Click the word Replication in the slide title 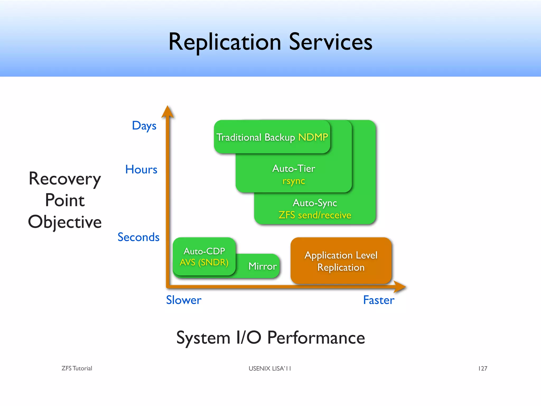click(x=225, y=42)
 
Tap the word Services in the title click(x=330, y=42)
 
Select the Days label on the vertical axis click(x=144, y=126)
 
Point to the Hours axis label click(x=141, y=169)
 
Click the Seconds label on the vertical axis click(x=138, y=237)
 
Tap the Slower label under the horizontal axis click(x=184, y=300)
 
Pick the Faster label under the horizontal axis click(x=379, y=300)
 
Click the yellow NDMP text click(x=313, y=137)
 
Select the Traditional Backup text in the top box click(x=255, y=137)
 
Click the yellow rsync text click(x=293, y=181)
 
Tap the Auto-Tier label click(x=293, y=168)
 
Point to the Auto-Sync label click(x=315, y=203)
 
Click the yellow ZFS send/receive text click(x=315, y=215)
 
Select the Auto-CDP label click(x=204, y=251)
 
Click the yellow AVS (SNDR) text click(x=204, y=262)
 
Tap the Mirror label click(x=262, y=266)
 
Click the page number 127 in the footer click(x=483, y=368)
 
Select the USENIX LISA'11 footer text click(x=270, y=368)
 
